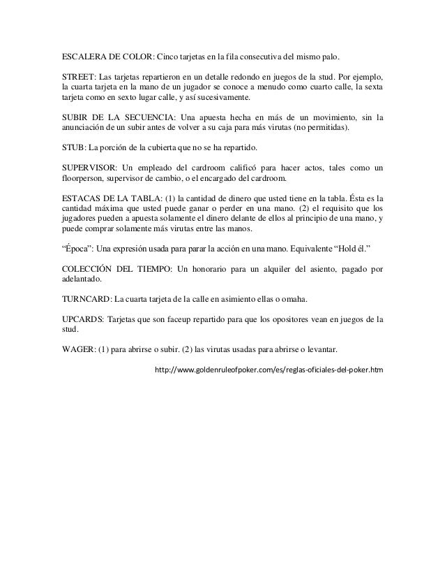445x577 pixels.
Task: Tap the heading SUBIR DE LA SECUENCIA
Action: point(116,120)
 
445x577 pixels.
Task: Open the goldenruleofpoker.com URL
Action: point(269,368)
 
